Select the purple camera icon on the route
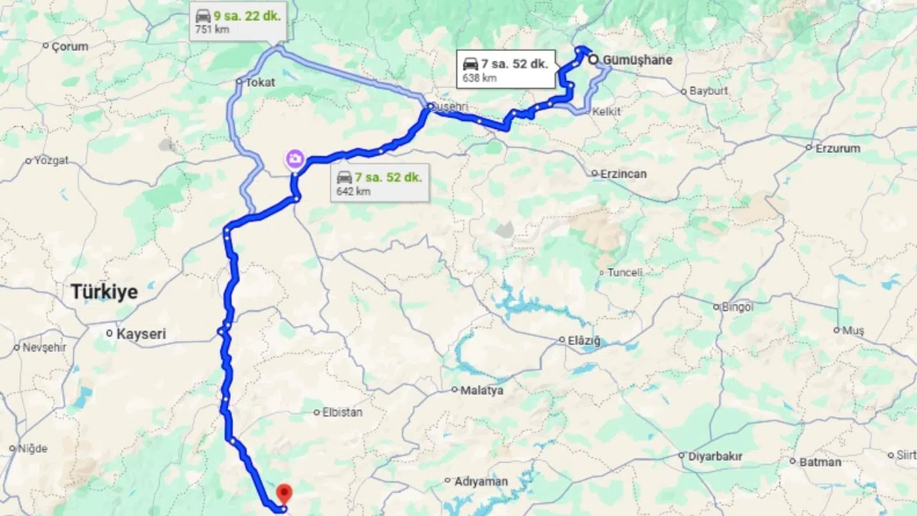coord(294,159)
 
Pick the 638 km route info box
coord(506,70)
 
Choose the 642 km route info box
coord(380,183)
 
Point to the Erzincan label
coord(623,173)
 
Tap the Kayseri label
coord(140,333)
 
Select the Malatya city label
coord(481,391)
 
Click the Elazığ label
coord(584,340)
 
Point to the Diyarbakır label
coord(714,456)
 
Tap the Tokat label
coord(260,82)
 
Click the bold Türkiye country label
coord(104,292)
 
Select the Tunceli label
coord(625,272)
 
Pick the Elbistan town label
coord(343,413)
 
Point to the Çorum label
coord(69,47)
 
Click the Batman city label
coord(820,462)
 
